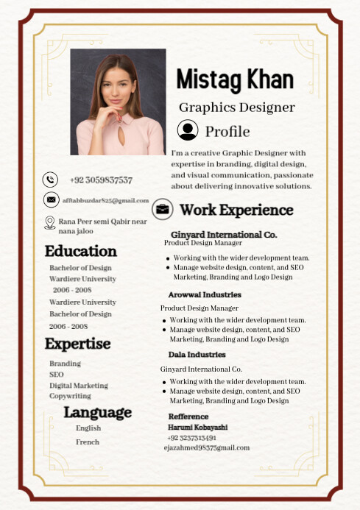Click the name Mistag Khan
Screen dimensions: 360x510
click(235, 79)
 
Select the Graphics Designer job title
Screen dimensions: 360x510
click(236, 107)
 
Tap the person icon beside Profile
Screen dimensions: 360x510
click(188, 130)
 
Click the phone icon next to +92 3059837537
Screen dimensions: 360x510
click(50, 179)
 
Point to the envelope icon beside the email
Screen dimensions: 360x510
click(50, 199)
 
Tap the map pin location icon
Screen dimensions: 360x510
click(49, 222)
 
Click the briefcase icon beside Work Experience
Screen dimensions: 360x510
click(163, 210)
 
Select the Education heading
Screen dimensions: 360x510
click(80, 251)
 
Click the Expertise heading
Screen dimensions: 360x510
click(77, 344)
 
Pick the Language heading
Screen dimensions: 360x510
click(97, 412)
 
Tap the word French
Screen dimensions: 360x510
click(87, 442)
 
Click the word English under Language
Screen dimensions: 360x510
click(88, 428)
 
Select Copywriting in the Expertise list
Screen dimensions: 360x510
click(70, 396)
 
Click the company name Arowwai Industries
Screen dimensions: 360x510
click(204, 294)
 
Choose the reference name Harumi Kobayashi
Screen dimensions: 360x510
click(197, 427)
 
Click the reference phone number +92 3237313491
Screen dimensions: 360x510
click(191, 437)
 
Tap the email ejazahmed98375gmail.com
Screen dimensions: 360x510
click(206, 447)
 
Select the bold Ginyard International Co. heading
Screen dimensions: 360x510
click(218, 234)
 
